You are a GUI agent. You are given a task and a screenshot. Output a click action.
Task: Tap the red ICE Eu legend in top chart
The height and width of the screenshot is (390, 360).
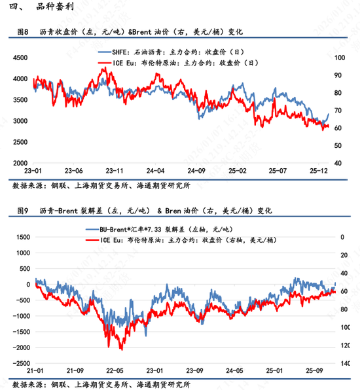(177, 63)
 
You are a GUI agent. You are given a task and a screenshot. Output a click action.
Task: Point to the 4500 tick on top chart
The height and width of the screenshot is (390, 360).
(22, 58)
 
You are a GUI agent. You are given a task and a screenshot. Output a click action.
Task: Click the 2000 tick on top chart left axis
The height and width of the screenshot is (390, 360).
(22, 163)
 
